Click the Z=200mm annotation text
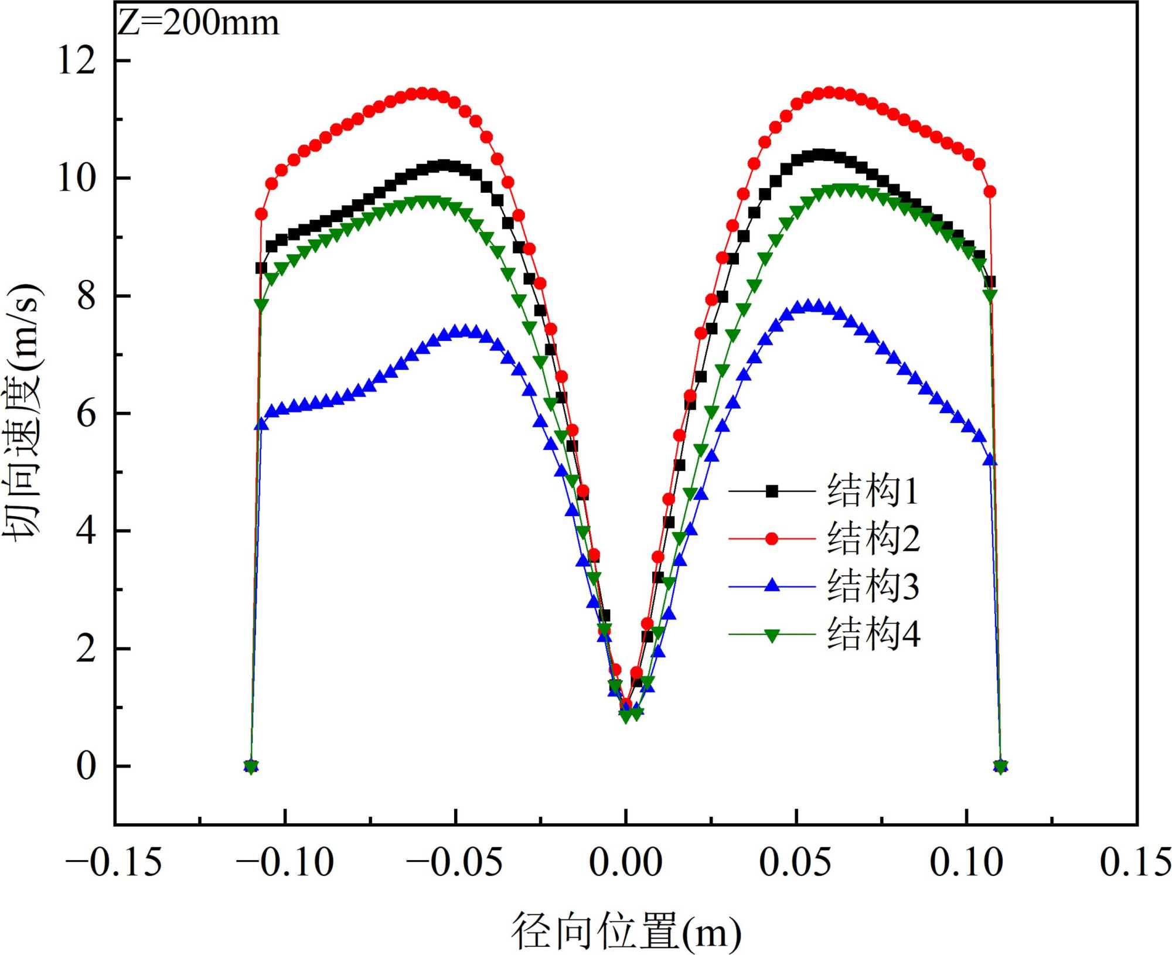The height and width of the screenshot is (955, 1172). [x=198, y=23]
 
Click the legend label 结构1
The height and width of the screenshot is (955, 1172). [x=872, y=490]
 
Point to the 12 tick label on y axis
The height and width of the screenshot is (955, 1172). [x=77, y=60]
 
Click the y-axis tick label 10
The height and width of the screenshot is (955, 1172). [x=77, y=178]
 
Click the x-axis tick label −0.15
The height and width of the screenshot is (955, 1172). [x=114, y=862]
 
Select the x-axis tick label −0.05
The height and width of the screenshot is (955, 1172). [x=455, y=862]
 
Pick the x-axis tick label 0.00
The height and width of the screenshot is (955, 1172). [x=625, y=862]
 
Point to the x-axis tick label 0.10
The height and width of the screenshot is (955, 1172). [x=966, y=862]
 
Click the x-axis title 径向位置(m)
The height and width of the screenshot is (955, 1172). [x=626, y=932]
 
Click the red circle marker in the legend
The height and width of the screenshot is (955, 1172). [x=772, y=538]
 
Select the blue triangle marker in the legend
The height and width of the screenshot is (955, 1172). [x=772, y=585]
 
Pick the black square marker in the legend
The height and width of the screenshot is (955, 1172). [x=772, y=491]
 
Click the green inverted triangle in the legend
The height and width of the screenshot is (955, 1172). [x=772, y=635]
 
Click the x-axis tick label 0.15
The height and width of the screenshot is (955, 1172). [x=1134, y=862]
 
